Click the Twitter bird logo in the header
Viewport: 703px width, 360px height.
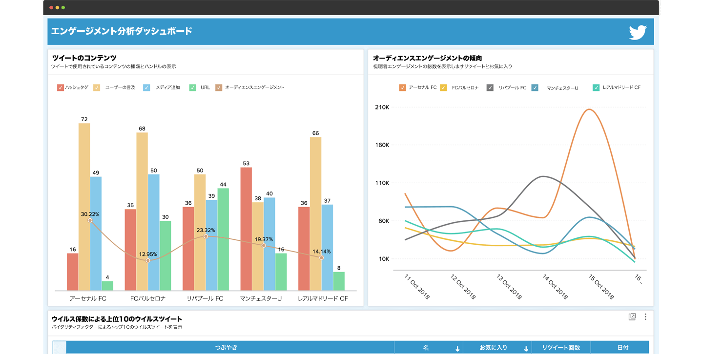[638, 32]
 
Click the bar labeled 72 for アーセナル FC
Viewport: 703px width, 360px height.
[84, 205]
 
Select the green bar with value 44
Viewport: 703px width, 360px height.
[223, 239]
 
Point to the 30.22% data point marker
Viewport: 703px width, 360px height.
[90, 220]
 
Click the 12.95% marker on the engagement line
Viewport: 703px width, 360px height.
[148, 260]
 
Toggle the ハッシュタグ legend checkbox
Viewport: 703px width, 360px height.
[61, 87]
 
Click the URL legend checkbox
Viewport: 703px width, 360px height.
[192, 87]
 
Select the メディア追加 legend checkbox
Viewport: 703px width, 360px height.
[146, 87]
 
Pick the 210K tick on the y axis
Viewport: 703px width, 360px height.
[381, 107]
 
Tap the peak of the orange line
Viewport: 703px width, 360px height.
[589, 109]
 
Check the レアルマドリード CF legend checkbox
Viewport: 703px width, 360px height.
[596, 87]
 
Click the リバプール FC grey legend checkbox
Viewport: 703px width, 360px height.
[490, 87]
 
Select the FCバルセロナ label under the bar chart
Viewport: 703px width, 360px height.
[148, 298]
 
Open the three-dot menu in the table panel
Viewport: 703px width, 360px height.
[645, 317]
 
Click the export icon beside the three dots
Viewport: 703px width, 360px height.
[632, 317]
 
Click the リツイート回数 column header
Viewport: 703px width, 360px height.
[561, 348]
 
